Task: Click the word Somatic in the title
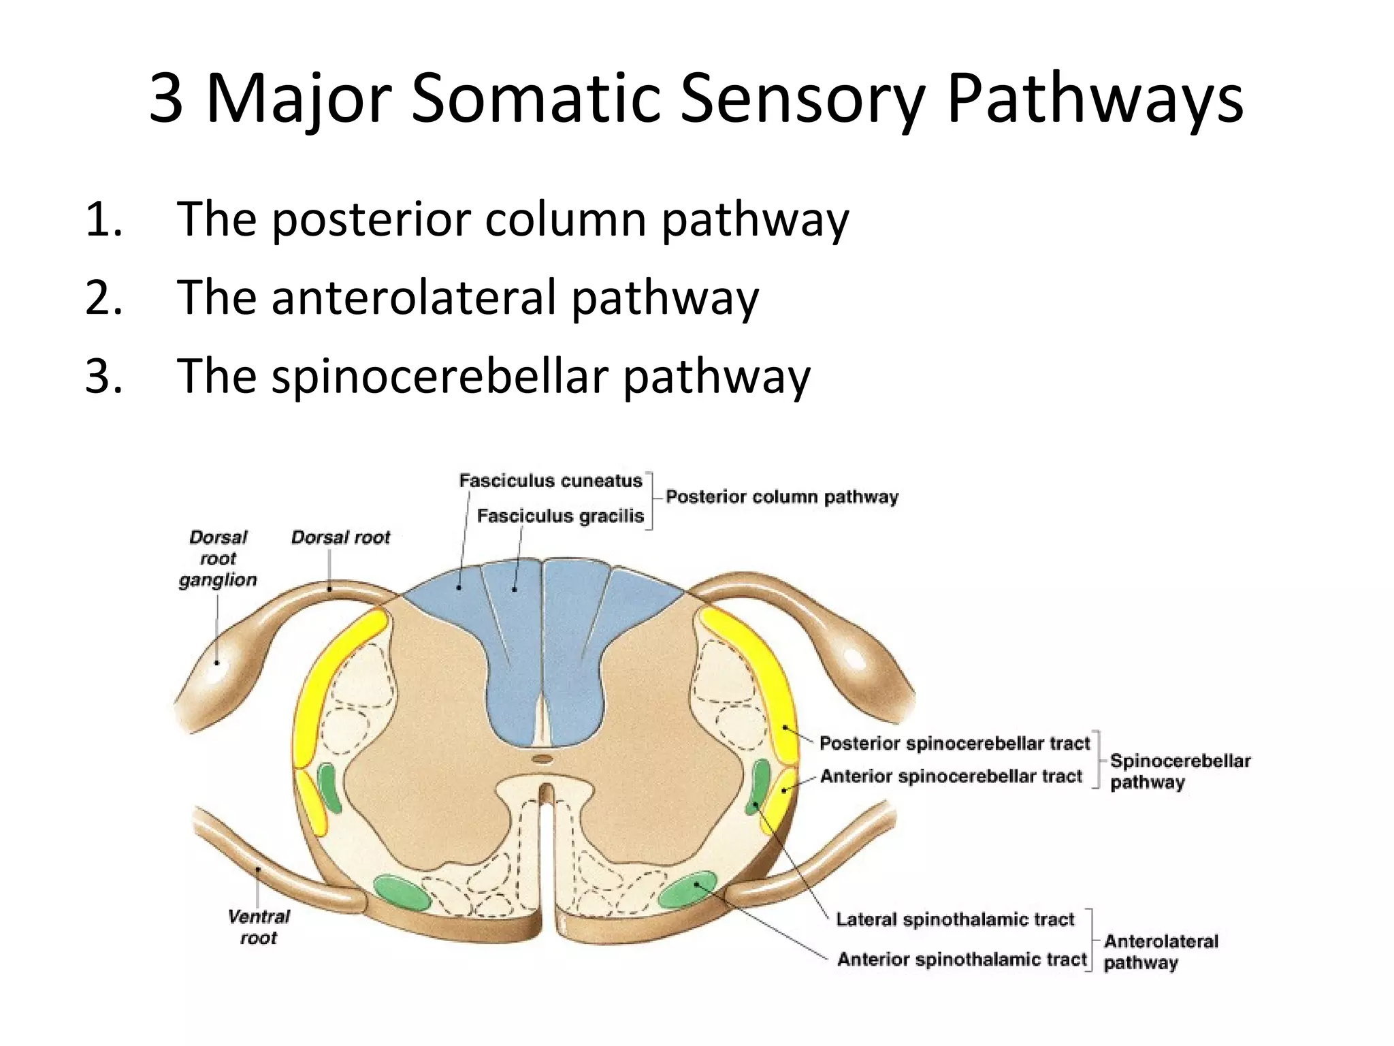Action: [535, 99]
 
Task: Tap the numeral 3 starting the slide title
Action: [167, 99]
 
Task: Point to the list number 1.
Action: [103, 220]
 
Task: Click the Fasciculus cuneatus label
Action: [550, 481]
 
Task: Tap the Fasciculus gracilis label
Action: [560, 516]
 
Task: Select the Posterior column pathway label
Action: [781, 497]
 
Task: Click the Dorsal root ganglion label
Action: [218, 558]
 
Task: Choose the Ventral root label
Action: [259, 927]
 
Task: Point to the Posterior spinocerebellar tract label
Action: [954, 743]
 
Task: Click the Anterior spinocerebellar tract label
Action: [950, 776]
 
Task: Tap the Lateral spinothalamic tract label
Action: [954, 920]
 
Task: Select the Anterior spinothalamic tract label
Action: [961, 960]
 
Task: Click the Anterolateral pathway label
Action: [1160, 951]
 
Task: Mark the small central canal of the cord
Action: [542, 759]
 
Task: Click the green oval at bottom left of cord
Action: [402, 892]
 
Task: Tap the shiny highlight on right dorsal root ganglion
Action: [852, 660]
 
